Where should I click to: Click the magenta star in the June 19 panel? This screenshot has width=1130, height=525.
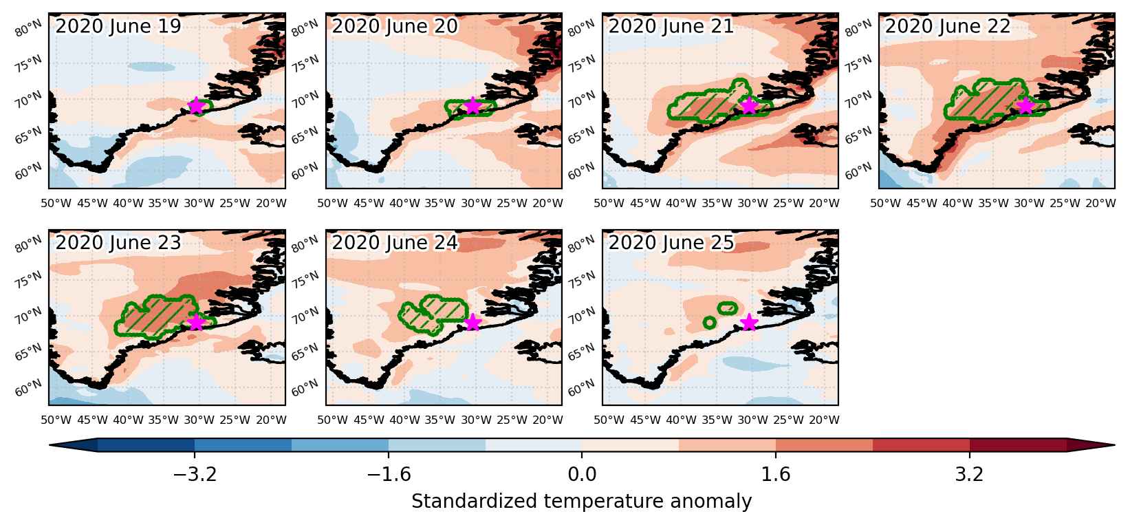pyautogui.click(x=196, y=106)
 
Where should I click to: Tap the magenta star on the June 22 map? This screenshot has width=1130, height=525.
pyautogui.click(x=1025, y=106)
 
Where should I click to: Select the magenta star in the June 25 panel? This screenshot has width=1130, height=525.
pyautogui.click(x=749, y=322)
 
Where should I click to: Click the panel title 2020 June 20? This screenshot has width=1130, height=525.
pyautogui.click(x=395, y=26)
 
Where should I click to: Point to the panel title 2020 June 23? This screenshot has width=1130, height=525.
pyautogui.click(x=118, y=242)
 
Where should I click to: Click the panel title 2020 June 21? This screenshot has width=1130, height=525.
pyautogui.click(x=671, y=26)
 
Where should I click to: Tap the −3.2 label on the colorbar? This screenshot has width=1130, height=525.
pyautogui.click(x=195, y=475)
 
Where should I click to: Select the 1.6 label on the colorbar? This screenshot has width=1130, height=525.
pyautogui.click(x=775, y=475)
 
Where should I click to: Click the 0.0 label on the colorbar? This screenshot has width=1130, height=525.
pyautogui.click(x=582, y=475)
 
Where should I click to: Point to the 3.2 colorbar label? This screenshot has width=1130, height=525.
pyautogui.click(x=969, y=475)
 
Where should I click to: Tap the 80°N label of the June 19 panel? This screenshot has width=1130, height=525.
pyautogui.click(x=28, y=29)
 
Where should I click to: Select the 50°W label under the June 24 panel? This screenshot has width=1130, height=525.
pyautogui.click(x=332, y=420)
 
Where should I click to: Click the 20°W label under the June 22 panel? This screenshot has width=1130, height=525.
pyautogui.click(x=1100, y=204)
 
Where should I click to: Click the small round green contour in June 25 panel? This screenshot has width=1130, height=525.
pyautogui.click(x=709, y=323)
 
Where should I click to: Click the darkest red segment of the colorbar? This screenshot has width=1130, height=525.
pyautogui.click(x=1017, y=444)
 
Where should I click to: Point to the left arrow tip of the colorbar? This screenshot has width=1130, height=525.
pyautogui.click(x=50, y=444)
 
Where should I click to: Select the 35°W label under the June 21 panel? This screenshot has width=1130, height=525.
pyautogui.click(x=717, y=204)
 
